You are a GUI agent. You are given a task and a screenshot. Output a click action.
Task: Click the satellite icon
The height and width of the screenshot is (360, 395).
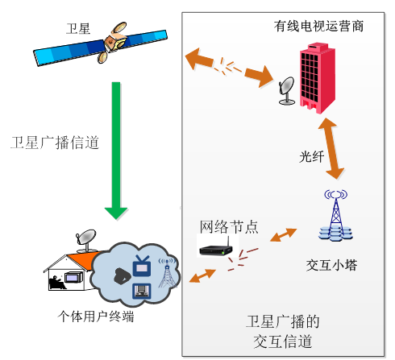(101, 43)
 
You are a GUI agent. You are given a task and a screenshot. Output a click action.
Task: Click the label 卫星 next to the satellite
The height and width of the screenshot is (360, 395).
(78, 29)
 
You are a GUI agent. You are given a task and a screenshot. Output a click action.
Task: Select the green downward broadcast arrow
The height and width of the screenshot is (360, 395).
(116, 151)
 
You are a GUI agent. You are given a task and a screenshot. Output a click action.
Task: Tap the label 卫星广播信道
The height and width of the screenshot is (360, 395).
(55, 143)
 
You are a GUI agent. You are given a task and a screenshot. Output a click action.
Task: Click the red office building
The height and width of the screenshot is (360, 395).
(318, 78)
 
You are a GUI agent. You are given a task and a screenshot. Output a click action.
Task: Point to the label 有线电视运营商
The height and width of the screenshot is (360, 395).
(318, 27)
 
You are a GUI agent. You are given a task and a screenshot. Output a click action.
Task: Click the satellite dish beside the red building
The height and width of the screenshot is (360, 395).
(287, 91)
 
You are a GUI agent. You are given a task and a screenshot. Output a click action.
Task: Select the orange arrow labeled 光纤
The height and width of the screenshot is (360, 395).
(331, 148)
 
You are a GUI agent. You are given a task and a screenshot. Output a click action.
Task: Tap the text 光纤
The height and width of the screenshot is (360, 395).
(312, 156)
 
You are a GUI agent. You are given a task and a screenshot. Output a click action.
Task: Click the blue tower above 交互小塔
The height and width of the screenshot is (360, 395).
(336, 215)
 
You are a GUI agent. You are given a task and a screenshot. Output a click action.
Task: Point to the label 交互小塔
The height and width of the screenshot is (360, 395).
(331, 265)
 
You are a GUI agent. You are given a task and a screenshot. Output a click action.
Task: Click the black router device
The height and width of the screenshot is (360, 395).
(216, 248)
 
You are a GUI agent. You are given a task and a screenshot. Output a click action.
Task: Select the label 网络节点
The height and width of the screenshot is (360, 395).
(229, 227)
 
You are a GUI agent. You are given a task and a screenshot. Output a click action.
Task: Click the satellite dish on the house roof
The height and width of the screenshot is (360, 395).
(86, 241)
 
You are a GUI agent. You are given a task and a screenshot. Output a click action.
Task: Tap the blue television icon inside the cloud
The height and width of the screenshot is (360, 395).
(142, 266)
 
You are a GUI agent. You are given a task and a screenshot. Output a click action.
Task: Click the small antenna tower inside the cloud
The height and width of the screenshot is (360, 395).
(168, 273)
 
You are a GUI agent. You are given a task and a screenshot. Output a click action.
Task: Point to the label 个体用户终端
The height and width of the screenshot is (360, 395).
(96, 317)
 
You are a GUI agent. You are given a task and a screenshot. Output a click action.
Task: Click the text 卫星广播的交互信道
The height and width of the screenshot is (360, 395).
(283, 332)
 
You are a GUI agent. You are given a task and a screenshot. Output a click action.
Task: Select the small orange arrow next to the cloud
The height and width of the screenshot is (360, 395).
(202, 275)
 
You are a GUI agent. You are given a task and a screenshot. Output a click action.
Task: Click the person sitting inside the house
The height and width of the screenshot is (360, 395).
(56, 283)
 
